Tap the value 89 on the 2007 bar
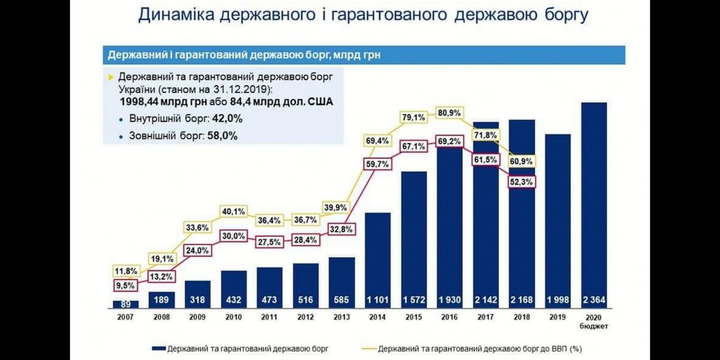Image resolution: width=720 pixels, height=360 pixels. pos(125,304)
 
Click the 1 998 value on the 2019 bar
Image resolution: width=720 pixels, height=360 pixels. pos(557,300)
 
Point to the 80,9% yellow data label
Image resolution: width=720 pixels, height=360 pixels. pos(449,113)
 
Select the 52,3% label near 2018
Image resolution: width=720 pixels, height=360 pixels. pos(521,182)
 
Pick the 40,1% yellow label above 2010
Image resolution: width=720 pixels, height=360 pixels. pos(233,211)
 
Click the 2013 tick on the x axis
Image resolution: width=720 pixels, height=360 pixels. pos(341,317)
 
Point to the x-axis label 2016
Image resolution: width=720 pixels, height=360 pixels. pos(449,317)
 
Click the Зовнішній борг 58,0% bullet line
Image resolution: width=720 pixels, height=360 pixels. pos(178,136)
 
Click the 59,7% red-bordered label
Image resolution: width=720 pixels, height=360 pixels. pos(377,164)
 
